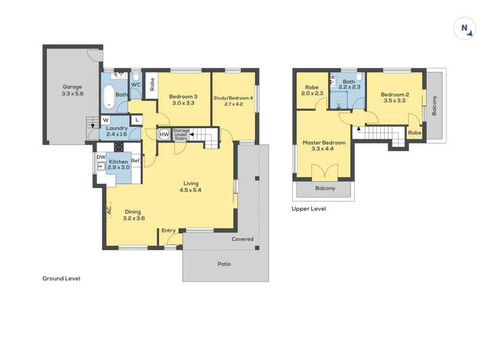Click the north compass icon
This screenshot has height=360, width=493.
coord(465,28)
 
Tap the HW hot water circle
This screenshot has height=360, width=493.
coord(164,134)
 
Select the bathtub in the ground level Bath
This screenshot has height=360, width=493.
coord(110,97)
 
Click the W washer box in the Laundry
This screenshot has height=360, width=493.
coord(105,120)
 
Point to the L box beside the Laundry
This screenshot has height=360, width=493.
coord(137,120)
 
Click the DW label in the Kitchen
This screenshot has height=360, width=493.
coord(101,157)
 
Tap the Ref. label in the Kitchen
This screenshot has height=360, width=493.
coord(136,161)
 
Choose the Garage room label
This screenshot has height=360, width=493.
coord(72,87)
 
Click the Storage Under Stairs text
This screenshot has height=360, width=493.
coord(181,134)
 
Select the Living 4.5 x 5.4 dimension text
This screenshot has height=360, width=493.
coord(190,190)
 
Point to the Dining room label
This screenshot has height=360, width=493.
coord(132,212)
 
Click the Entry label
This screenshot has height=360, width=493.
coord(168,231)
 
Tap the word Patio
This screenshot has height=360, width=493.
coord(224,264)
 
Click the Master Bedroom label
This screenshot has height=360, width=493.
coord(324,142)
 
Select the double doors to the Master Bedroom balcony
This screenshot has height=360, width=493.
coord(325,173)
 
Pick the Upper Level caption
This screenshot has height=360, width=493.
coord(309,208)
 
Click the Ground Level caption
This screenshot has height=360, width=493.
coord(61,278)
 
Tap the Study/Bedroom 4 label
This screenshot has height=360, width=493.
coord(233,98)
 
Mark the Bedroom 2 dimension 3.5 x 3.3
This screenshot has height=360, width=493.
coord(394,100)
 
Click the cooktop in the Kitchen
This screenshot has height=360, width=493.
coord(118,147)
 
